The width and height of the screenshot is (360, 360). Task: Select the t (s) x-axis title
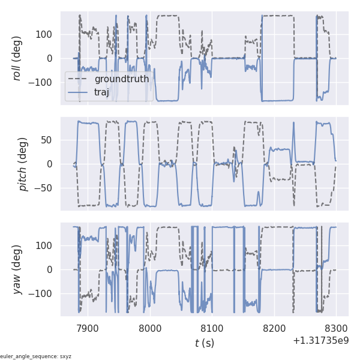coord(205,343)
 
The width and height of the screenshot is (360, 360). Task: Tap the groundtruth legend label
coord(122,79)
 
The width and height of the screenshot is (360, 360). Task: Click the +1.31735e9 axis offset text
coord(321,341)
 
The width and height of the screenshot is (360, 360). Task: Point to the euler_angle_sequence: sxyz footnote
coord(36,356)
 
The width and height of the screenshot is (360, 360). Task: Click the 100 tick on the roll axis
coord(44,34)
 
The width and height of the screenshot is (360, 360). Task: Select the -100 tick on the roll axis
coord(42,83)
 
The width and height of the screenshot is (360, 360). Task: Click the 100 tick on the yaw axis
coord(44,245)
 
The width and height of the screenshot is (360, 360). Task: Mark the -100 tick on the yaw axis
coord(42,294)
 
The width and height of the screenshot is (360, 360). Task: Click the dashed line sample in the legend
coord(78,79)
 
